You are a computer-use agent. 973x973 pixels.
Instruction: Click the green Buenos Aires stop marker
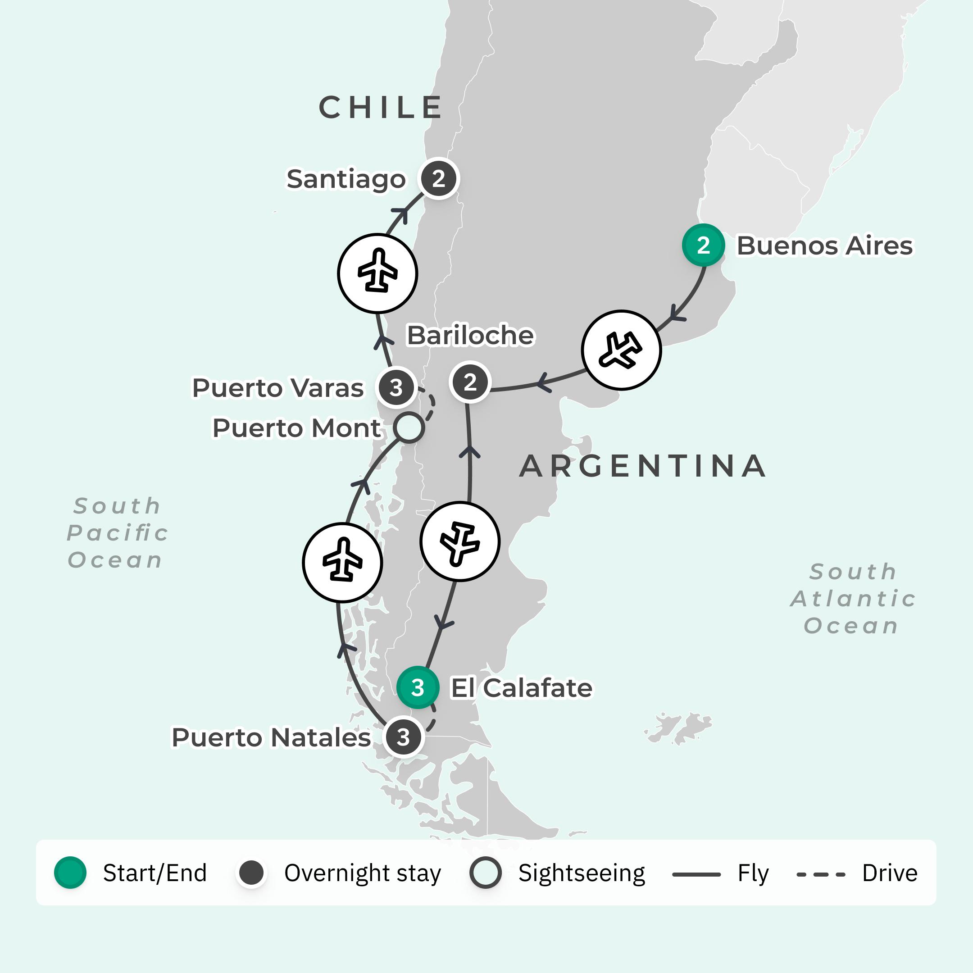click(x=703, y=245)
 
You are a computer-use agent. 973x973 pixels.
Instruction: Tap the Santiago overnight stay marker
click(x=439, y=179)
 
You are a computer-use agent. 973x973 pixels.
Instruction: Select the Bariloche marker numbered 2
click(x=470, y=382)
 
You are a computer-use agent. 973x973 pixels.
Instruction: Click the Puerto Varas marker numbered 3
click(x=396, y=388)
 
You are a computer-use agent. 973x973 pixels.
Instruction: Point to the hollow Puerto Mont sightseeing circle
click(x=409, y=427)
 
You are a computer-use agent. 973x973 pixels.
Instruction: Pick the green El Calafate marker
click(x=418, y=687)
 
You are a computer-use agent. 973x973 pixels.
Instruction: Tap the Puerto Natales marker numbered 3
click(x=403, y=737)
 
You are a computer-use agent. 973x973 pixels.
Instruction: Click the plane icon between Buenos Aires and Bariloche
click(x=621, y=350)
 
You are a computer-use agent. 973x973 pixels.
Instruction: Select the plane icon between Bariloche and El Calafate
click(x=459, y=542)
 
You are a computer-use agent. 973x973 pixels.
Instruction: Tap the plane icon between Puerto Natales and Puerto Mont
click(x=342, y=563)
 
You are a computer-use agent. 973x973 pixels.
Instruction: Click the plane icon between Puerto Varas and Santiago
click(x=377, y=273)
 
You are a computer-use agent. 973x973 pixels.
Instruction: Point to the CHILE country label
click(x=381, y=108)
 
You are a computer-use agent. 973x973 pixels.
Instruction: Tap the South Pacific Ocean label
click(x=117, y=533)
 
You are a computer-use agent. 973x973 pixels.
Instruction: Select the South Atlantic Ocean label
click(x=852, y=599)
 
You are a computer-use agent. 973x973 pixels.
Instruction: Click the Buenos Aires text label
click(x=824, y=246)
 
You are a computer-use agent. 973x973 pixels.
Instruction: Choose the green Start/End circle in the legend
click(x=71, y=872)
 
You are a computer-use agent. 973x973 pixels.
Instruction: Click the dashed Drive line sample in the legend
click(x=821, y=875)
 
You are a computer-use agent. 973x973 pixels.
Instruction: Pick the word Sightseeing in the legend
click(x=582, y=873)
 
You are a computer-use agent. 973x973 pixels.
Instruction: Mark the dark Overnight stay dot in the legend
click(x=251, y=872)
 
